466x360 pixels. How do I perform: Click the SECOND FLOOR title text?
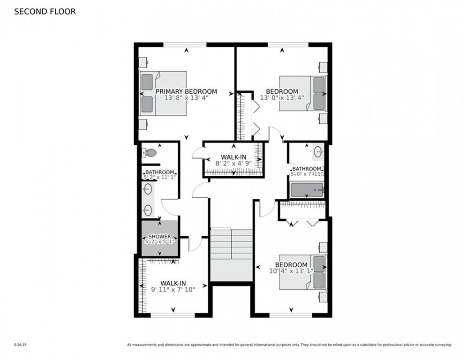[45, 12]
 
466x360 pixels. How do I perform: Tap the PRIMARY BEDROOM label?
[186, 91]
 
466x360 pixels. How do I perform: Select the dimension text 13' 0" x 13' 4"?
[282, 98]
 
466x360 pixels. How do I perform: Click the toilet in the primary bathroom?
[150, 153]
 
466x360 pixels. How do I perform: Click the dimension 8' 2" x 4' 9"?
[233, 164]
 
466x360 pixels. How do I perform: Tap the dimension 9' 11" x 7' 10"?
[173, 290]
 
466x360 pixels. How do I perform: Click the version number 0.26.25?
[20, 345]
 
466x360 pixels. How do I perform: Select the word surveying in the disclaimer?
[442, 345]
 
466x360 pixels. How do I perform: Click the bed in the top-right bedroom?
[303, 93]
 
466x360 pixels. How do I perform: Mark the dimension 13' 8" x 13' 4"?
[186, 98]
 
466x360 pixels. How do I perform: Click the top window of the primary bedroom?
[185, 45]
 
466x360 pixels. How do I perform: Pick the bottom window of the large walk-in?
[173, 315]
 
